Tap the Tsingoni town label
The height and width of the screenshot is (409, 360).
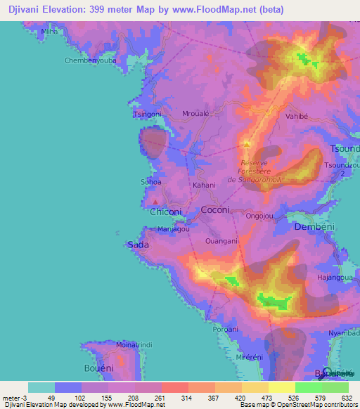click(146, 114)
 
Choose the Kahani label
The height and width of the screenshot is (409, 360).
click(204, 186)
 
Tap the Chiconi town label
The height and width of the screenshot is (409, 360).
click(166, 212)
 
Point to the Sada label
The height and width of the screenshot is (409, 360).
click(137, 245)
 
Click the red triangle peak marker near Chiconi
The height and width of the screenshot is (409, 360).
click(155, 202)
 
